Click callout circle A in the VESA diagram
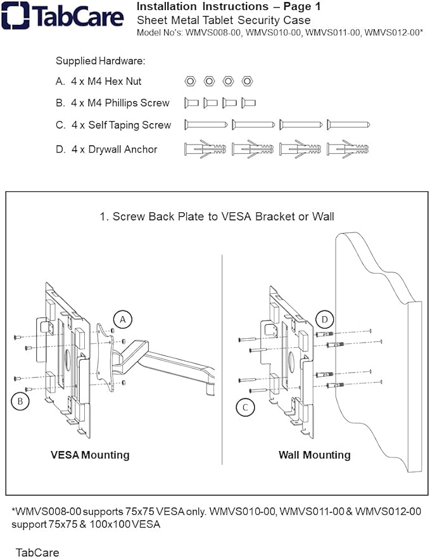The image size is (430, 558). click(123, 320)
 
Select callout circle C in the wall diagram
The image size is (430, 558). click(245, 407)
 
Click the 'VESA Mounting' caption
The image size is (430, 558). click(90, 455)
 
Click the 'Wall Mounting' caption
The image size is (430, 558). click(314, 455)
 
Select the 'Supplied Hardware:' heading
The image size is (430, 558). click(101, 61)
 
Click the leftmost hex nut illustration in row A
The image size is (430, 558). click(189, 81)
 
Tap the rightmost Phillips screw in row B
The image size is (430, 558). click(249, 103)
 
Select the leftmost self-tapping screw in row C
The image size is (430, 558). click(206, 125)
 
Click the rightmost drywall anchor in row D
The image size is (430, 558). click(348, 149)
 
